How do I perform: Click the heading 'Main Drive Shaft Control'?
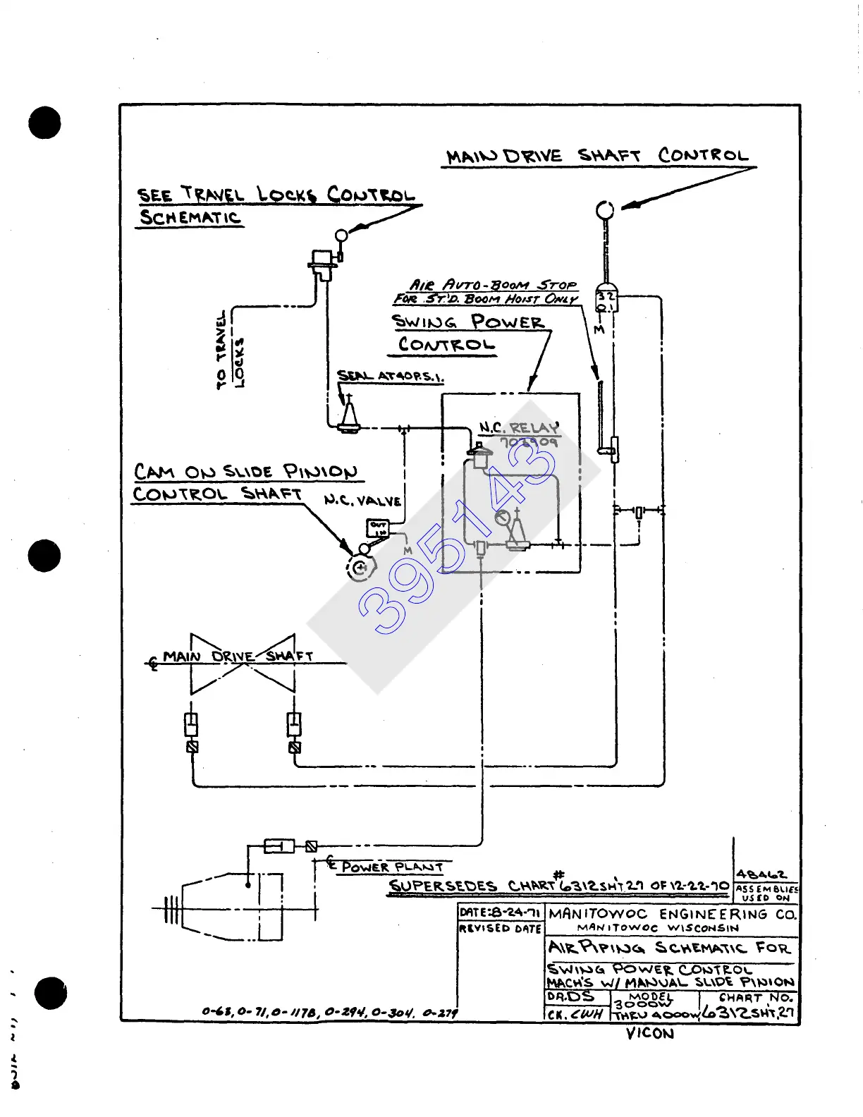(x=597, y=156)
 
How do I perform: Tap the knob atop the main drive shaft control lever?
(x=605, y=209)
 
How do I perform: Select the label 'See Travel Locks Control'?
(x=276, y=194)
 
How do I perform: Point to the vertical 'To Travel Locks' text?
(x=230, y=350)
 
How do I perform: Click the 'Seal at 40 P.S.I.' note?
(x=390, y=376)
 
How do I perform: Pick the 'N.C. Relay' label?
(x=518, y=428)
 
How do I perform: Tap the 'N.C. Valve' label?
(x=362, y=501)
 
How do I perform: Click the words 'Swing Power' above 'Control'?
(x=468, y=322)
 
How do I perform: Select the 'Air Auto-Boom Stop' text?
(x=493, y=285)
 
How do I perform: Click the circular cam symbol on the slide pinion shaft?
(x=360, y=568)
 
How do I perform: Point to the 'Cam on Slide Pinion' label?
(x=245, y=471)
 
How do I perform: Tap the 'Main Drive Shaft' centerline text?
(x=238, y=657)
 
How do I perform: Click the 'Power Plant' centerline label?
(x=392, y=867)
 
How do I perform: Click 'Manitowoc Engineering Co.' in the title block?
(x=672, y=914)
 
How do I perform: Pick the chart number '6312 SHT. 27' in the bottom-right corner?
(x=749, y=1013)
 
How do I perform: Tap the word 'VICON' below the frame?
(x=649, y=1034)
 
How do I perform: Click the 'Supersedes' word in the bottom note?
(x=443, y=886)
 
